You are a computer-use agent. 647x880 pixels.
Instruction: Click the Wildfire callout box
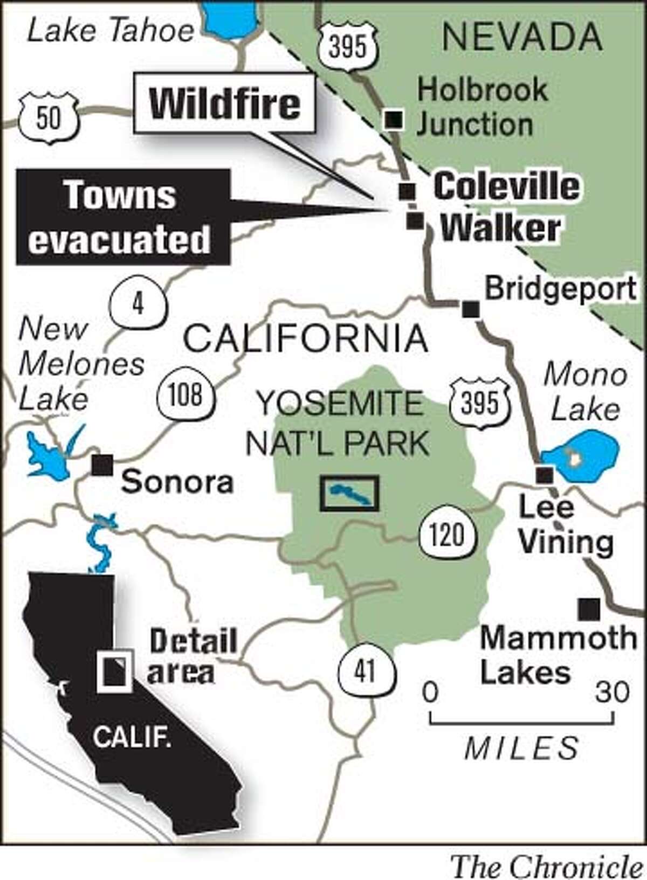click(225, 105)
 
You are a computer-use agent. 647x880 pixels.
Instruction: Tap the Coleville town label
click(506, 186)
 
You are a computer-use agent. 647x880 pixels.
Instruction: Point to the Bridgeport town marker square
click(471, 309)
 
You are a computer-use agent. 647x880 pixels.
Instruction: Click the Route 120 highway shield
click(448, 534)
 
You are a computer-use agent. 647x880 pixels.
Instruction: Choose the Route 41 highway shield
click(366, 671)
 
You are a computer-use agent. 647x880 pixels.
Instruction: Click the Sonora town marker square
click(101, 465)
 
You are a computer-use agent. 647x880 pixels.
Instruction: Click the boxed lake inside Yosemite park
click(349, 493)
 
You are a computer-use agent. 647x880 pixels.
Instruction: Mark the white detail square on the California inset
click(114, 670)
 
